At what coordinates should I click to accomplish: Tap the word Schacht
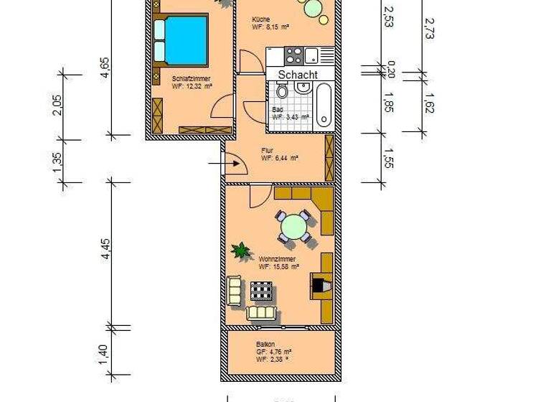(298, 74)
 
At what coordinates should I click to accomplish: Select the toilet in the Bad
(282, 91)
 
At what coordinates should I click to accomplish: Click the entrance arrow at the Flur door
(217, 164)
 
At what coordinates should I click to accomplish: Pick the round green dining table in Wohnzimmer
(294, 227)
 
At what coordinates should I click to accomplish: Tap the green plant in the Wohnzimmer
(241, 251)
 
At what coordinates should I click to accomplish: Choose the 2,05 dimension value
(57, 106)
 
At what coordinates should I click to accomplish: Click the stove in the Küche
(293, 55)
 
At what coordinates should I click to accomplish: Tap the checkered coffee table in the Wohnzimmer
(261, 291)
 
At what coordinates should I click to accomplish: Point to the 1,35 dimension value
(57, 162)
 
